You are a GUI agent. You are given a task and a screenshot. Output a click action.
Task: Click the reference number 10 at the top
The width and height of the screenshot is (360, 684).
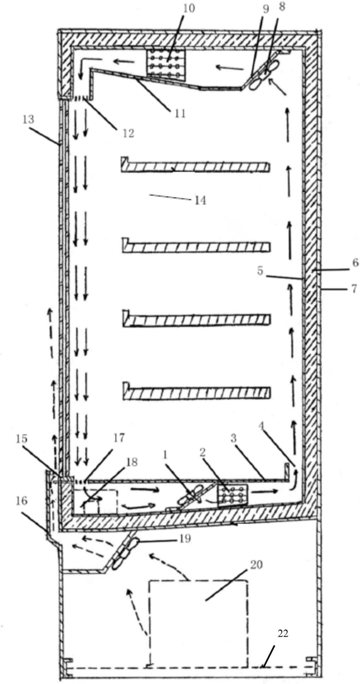(166, 9)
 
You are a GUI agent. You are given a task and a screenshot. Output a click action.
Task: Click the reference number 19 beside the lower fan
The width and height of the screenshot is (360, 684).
(185, 539)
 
